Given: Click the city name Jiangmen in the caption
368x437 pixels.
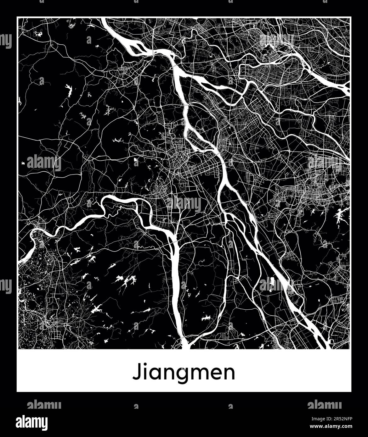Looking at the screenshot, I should pyautogui.click(x=184, y=373).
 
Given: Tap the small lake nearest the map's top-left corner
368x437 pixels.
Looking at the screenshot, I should pyautogui.click(x=40, y=32).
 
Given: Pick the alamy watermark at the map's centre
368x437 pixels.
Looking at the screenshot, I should pyautogui.click(x=184, y=204).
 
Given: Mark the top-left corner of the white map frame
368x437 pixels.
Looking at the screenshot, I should pyautogui.click(x=17, y=18).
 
